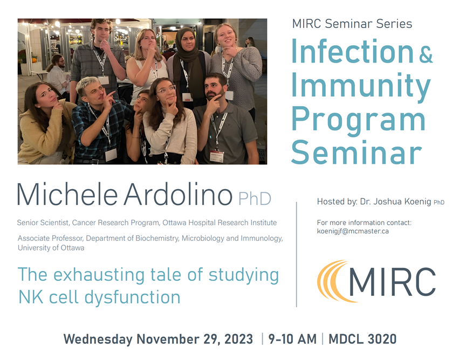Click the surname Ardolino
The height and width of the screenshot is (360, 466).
coord(177,195)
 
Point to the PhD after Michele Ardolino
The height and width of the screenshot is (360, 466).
coord(254,198)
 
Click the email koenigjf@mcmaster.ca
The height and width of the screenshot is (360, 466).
coord(353,231)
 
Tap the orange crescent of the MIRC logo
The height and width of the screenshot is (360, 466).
coord(330,281)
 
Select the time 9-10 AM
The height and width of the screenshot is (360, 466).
coord(292,339)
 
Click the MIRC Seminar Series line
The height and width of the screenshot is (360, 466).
coord(352,24)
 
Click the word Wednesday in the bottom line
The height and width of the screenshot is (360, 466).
coord(98,339)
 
